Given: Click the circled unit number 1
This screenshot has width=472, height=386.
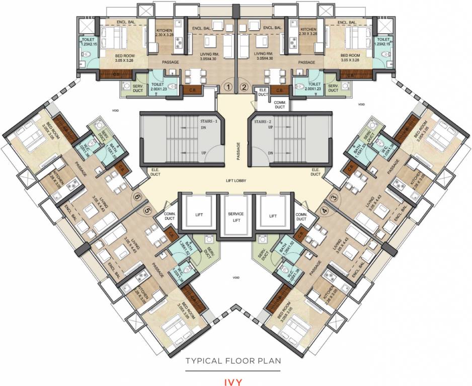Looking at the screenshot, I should [x=228, y=87].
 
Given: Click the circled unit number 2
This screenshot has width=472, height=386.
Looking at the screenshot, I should [x=245, y=87].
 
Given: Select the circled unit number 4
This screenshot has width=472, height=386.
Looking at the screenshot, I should [x=325, y=211].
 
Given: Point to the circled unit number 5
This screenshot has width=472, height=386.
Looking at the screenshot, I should [x=147, y=211].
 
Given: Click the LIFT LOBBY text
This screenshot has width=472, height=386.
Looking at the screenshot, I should [x=235, y=181].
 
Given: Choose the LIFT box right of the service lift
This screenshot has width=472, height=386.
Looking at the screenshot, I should [x=273, y=216].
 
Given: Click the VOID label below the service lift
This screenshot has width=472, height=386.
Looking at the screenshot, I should [x=235, y=277].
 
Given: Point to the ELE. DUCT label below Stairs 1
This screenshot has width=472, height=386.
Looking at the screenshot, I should [x=155, y=172].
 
